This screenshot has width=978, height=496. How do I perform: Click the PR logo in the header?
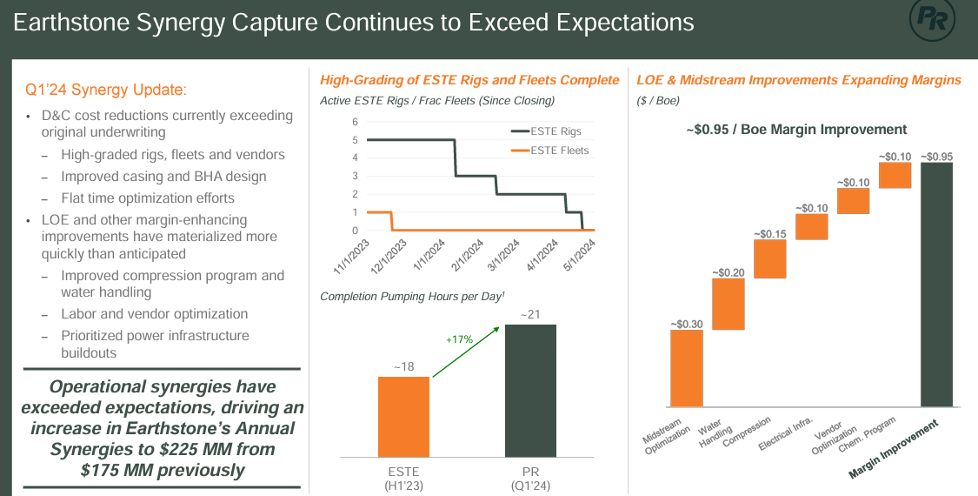pos(935,19)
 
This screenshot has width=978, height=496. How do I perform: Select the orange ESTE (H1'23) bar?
pos(403,417)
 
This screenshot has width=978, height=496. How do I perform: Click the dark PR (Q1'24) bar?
pos(530,391)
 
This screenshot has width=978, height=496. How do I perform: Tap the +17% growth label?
pos(459,339)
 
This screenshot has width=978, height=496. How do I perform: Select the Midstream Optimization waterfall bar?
pos(686,368)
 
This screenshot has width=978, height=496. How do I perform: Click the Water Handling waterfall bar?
pos(728,304)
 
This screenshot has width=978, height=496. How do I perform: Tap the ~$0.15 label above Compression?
pos(769,234)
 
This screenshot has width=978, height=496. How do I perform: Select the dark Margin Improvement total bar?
pos(937,285)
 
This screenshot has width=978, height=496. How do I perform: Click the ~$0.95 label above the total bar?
pos(936,157)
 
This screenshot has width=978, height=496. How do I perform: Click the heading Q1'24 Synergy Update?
pos(105,90)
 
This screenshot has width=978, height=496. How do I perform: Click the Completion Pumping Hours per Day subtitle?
pos(413,297)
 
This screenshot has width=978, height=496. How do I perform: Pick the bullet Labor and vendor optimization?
pos(155,314)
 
